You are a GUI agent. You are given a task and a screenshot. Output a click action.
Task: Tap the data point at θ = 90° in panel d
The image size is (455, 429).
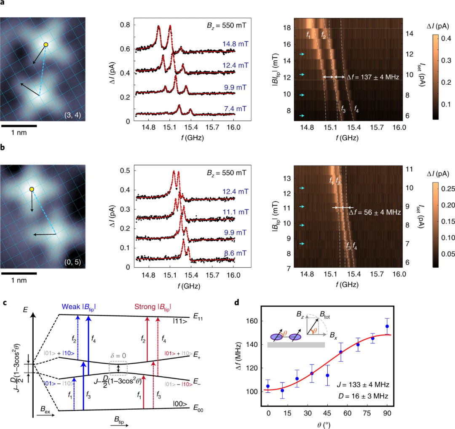(x=387, y=326)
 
